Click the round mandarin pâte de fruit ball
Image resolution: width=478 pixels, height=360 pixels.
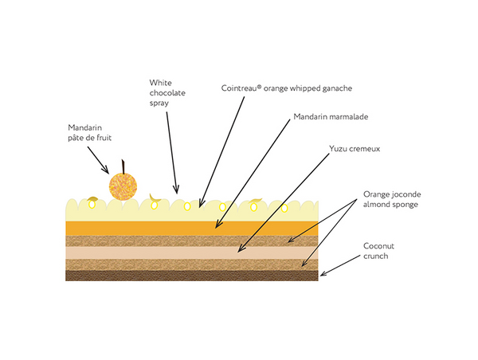pos(121,187)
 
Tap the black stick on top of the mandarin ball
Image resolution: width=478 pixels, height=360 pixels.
pos(123,166)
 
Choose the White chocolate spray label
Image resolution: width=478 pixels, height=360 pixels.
pos(167,92)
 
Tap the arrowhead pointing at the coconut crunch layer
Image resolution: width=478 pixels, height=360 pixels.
pos(321,275)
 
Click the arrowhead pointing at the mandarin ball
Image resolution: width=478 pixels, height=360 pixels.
pos(108,170)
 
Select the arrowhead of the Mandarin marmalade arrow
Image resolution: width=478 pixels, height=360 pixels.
pos(215,228)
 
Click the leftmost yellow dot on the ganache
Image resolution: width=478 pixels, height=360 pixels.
pos(92,205)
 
